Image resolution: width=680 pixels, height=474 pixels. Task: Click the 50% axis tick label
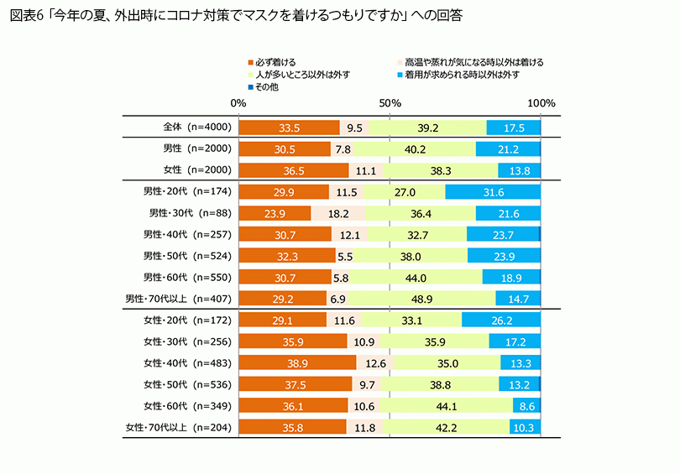390,102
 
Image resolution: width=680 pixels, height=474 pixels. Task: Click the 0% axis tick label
238,102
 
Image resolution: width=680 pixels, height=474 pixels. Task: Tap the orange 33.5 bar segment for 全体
289,128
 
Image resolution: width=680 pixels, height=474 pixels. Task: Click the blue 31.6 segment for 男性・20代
493,192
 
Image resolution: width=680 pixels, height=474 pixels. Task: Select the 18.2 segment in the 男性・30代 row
338,213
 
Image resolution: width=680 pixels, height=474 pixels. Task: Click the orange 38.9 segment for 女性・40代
297,363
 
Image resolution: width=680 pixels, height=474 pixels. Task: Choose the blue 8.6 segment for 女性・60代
527,406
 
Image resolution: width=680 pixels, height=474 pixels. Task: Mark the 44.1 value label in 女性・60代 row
446,406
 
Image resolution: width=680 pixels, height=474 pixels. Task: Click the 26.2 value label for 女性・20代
501,320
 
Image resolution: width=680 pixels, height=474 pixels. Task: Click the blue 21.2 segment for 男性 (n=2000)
508,149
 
